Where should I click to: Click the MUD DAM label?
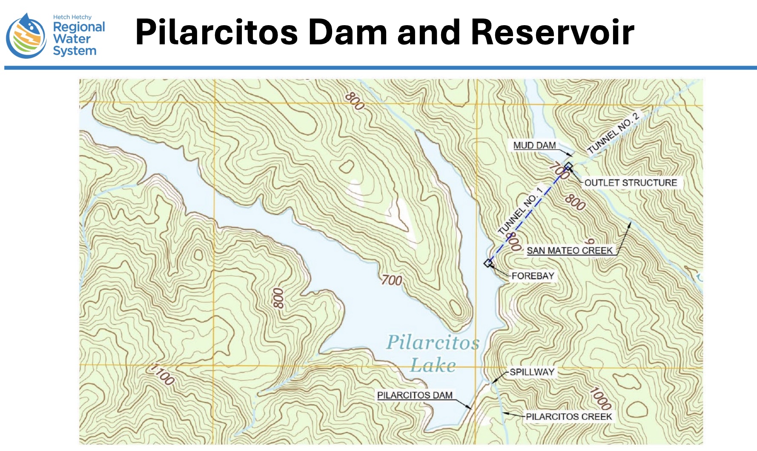(534, 145)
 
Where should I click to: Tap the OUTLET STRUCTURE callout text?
(631, 183)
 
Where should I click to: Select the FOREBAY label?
(533, 276)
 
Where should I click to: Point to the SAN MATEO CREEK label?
(570, 251)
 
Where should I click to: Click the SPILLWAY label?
(532, 372)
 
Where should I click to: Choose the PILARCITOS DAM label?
(415, 395)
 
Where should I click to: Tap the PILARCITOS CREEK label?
(569, 416)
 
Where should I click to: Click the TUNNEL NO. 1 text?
(521, 211)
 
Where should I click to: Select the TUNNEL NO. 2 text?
(613, 133)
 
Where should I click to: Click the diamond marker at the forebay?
(488, 263)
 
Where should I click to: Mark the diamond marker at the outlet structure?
(568, 166)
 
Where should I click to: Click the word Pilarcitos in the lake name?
(433, 342)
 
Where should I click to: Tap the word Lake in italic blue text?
(433, 365)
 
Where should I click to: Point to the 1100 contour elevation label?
(163, 374)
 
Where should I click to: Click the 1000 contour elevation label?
(601, 399)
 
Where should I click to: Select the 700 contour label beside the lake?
(392, 280)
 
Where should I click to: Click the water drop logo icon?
(26, 36)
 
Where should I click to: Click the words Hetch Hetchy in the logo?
(72, 17)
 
